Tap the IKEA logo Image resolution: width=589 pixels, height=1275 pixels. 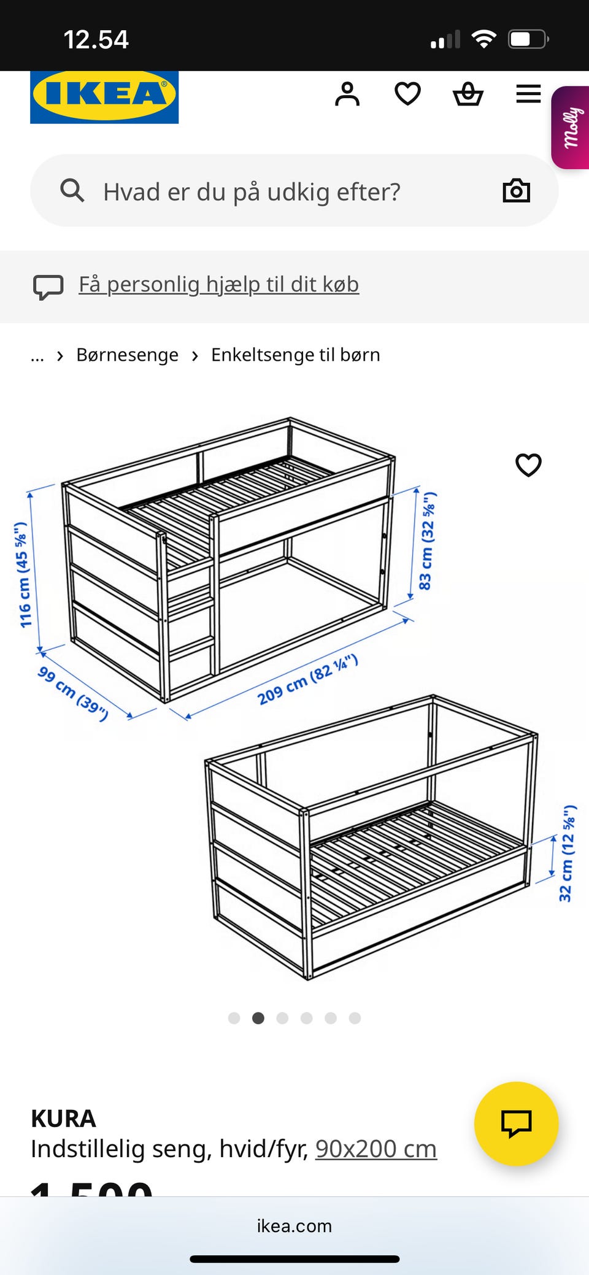click(104, 96)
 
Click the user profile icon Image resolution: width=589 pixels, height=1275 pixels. click(347, 94)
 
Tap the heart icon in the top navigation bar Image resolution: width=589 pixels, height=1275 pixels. click(407, 94)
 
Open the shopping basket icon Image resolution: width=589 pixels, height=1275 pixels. click(468, 94)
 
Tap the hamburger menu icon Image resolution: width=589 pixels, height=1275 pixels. click(528, 94)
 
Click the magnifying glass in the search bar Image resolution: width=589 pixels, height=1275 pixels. click(72, 191)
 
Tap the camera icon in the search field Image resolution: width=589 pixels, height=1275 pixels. click(516, 191)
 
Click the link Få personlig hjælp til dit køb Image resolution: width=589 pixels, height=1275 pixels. click(218, 285)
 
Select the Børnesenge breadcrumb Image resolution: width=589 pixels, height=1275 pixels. click(127, 355)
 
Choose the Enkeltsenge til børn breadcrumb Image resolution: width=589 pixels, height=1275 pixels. click(295, 355)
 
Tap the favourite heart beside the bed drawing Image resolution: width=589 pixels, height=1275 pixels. click(528, 465)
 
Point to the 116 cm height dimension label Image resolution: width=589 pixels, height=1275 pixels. click(23, 575)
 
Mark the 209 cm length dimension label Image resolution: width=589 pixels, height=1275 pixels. click(307, 680)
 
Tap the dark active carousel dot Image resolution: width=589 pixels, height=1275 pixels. click(258, 1019)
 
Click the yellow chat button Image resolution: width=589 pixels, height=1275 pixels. click(516, 1123)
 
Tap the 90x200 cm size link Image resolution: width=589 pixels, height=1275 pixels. click(375, 1149)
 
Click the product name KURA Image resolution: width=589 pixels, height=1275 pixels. click(63, 1119)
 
